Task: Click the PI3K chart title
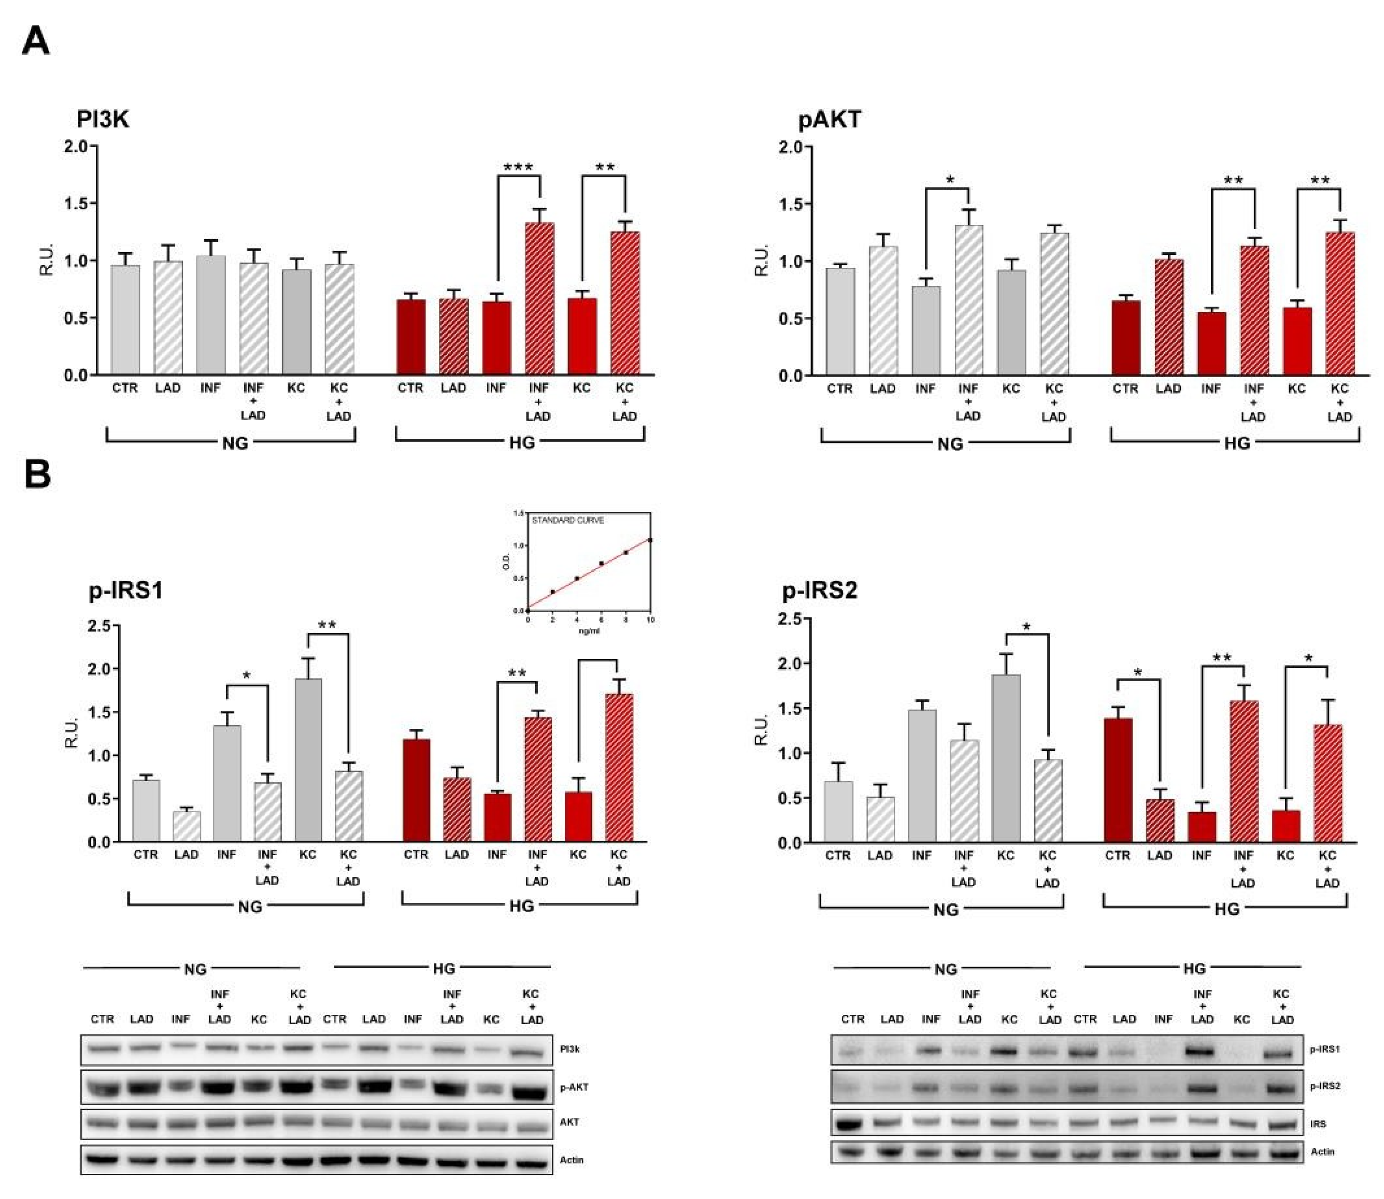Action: tap(102, 119)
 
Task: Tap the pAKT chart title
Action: tap(829, 119)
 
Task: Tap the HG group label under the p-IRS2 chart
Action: tap(1227, 908)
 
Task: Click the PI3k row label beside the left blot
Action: tap(570, 1049)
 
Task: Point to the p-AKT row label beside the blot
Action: tap(574, 1087)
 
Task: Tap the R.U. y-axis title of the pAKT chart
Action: tap(761, 261)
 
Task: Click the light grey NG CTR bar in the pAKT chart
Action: tap(840, 321)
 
